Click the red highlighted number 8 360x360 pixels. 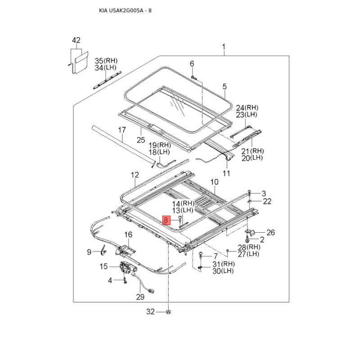(x=166, y=220)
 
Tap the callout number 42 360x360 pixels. (x=76, y=40)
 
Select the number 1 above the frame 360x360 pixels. (x=224, y=47)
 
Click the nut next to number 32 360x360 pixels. (x=168, y=312)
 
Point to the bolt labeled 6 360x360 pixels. (x=193, y=77)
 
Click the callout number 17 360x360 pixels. (x=122, y=130)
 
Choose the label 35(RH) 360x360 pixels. (x=106, y=61)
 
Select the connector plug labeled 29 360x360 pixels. (x=151, y=291)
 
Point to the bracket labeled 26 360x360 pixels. (x=251, y=232)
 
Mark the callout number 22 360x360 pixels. (x=267, y=201)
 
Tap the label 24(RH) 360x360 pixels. (x=247, y=108)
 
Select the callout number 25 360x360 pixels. (x=141, y=140)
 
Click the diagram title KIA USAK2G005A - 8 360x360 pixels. (x=125, y=10)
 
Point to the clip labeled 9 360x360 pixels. (x=103, y=250)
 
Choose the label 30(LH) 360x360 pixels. (x=223, y=271)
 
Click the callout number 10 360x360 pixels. (x=215, y=182)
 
